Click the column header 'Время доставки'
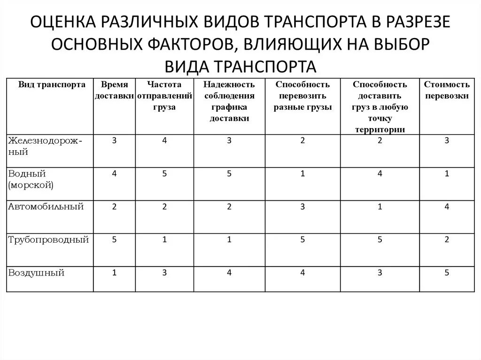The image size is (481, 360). [114, 90]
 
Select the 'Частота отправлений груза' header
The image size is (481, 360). [164, 96]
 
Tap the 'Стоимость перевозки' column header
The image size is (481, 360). [447, 90]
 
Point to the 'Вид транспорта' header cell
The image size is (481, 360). [52, 85]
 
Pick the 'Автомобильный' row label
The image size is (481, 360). [46, 207]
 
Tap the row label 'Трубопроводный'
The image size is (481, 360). [49, 240]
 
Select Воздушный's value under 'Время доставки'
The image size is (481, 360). [114, 273]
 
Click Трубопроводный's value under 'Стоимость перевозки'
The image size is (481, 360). [447, 240]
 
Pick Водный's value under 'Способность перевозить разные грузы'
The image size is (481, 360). [303, 174]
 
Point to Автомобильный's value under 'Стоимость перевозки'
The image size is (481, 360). [447, 207]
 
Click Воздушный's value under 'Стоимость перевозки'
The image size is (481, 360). [447, 273]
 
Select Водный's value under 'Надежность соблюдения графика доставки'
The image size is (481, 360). [229, 174]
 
